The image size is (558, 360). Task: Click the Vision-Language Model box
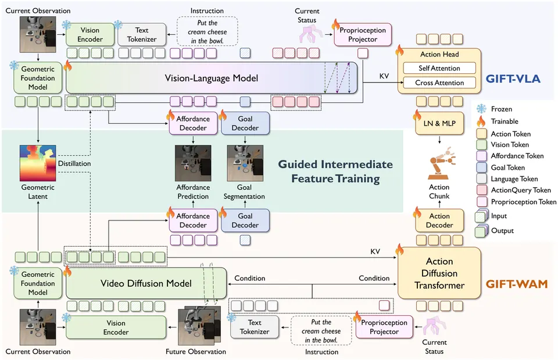pyautogui.click(x=212, y=78)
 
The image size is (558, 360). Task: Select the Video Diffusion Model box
pyautogui.click(x=146, y=283)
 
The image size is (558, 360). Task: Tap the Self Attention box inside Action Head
pyautogui.click(x=439, y=68)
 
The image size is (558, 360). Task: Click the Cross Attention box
pyautogui.click(x=439, y=83)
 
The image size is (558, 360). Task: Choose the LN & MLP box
pyautogui.click(x=439, y=123)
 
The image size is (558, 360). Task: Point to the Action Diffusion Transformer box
pyautogui.click(x=439, y=273)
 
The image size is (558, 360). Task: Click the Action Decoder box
pyautogui.click(x=439, y=220)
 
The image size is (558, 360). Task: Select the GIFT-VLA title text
pyautogui.click(x=513, y=79)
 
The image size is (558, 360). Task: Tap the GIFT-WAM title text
pyautogui.click(x=516, y=284)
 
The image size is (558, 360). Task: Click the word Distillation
pyautogui.click(x=74, y=163)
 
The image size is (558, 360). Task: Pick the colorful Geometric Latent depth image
pyautogui.click(x=38, y=163)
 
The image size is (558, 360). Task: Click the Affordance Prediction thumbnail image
pyautogui.click(x=193, y=163)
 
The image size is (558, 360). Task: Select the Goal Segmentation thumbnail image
pyautogui.click(x=245, y=163)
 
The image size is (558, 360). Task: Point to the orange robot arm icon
pyautogui.click(x=441, y=163)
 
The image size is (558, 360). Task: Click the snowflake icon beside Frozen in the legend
pyautogui.click(x=481, y=109)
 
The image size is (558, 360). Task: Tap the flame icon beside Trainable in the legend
pyautogui.click(x=481, y=121)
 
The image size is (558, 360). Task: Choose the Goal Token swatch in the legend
pyautogui.click(x=481, y=167)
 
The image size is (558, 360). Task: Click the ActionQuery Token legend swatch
pyautogui.click(x=481, y=190)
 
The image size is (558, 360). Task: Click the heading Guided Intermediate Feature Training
pyautogui.click(x=335, y=171)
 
